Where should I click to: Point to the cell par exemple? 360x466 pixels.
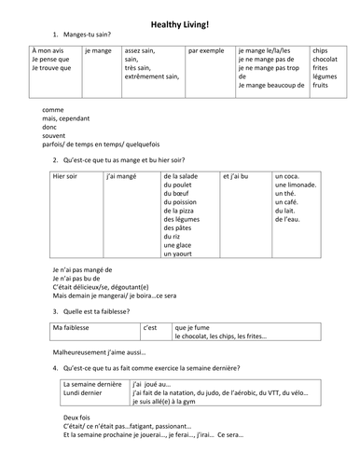click(x=205, y=50)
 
